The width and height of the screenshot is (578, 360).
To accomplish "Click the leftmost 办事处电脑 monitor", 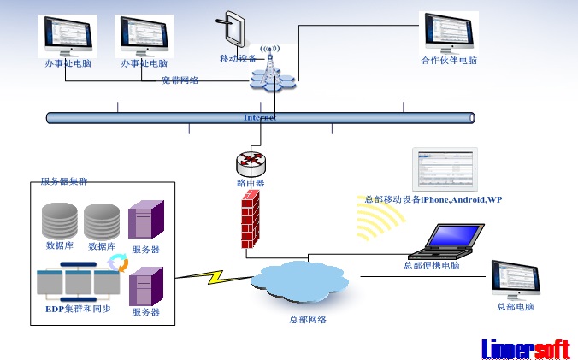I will [68, 34].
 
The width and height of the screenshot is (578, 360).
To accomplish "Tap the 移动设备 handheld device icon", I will [233, 31].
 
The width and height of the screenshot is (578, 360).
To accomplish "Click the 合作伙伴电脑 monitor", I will [448, 32].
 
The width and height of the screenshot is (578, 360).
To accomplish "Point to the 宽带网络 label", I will [180, 80].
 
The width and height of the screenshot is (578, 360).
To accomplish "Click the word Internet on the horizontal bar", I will [260, 117].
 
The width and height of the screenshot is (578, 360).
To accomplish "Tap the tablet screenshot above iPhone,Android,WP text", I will [445, 170].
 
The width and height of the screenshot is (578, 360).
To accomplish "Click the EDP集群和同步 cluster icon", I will [78, 280].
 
